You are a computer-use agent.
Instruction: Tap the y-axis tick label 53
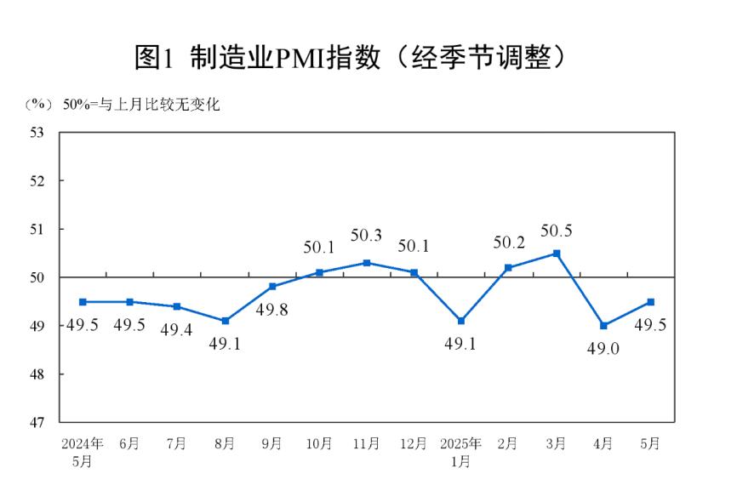[x=37, y=133]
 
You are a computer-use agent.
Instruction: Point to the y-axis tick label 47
[x=37, y=422]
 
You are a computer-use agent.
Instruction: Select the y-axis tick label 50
[x=37, y=277]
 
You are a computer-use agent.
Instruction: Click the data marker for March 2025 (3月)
[x=556, y=254]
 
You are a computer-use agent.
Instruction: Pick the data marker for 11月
[x=367, y=263]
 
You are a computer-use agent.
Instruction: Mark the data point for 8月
[x=225, y=321]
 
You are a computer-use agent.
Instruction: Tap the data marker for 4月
[x=603, y=326]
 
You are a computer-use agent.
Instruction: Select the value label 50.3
[x=367, y=235]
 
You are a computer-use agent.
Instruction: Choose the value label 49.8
[x=272, y=311]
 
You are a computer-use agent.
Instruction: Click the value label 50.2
[x=509, y=242]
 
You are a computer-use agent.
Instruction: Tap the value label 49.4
[x=177, y=330]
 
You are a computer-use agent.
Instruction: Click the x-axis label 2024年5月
[x=82, y=452]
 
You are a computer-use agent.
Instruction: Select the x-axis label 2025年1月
[x=461, y=452]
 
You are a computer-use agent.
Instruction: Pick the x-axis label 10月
[x=319, y=444]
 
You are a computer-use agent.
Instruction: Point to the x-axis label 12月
[x=414, y=444]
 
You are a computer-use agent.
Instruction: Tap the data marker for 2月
[x=509, y=268]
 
